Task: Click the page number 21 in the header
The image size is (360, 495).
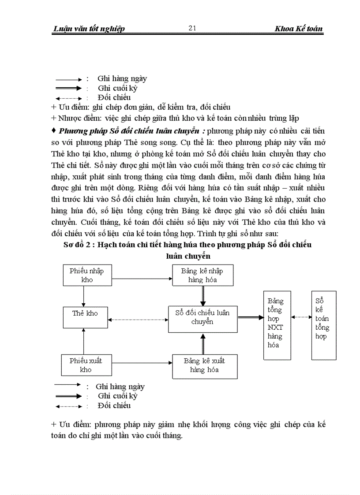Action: click(x=192, y=28)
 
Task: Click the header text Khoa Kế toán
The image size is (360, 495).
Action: click(x=299, y=29)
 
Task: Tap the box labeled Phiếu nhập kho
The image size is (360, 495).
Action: click(x=83, y=275)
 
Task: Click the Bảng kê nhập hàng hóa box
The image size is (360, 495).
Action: click(x=202, y=275)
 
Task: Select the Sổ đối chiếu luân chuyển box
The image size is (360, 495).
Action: click(x=202, y=317)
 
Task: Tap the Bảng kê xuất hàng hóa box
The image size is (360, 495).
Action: click(x=204, y=365)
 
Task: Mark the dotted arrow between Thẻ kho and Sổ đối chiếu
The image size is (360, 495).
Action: click(x=139, y=320)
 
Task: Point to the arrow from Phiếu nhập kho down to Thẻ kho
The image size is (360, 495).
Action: click(x=83, y=296)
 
